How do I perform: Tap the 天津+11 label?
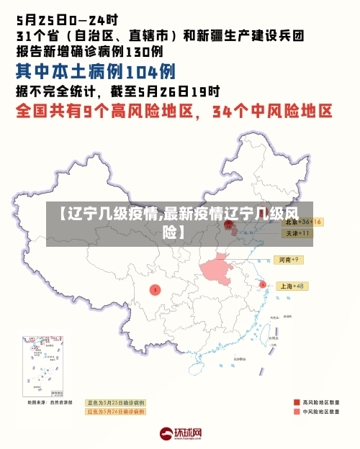click(x=297, y=233)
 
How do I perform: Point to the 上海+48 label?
click(x=292, y=286)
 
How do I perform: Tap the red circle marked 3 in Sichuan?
click(x=155, y=290)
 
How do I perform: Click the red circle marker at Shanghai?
click(x=262, y=285)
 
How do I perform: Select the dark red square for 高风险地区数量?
click(x=297, y=402)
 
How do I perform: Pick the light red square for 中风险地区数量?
click(x=297, y=412)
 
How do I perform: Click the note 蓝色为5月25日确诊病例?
click(x=115, y=402)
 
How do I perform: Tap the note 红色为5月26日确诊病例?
click(x=115, y=412)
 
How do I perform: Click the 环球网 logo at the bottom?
click(x=180, y=434)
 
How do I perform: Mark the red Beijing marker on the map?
click(x=229, y=224)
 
